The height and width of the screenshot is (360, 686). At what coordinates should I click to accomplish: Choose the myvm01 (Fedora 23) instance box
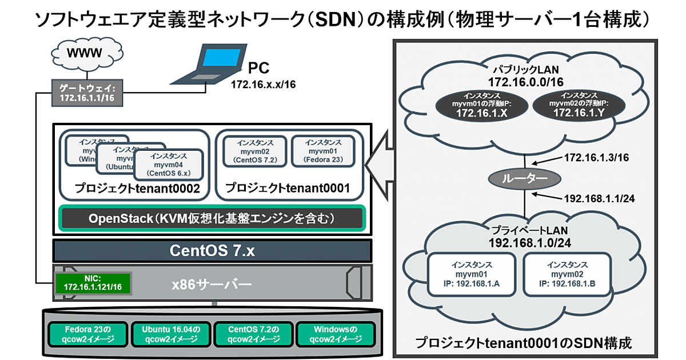[x=324, y=151]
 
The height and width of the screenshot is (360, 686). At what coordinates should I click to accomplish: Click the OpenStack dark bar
[x=212, y=218]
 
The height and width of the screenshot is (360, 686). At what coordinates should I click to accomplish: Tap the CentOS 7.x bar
[x=212, y=250]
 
